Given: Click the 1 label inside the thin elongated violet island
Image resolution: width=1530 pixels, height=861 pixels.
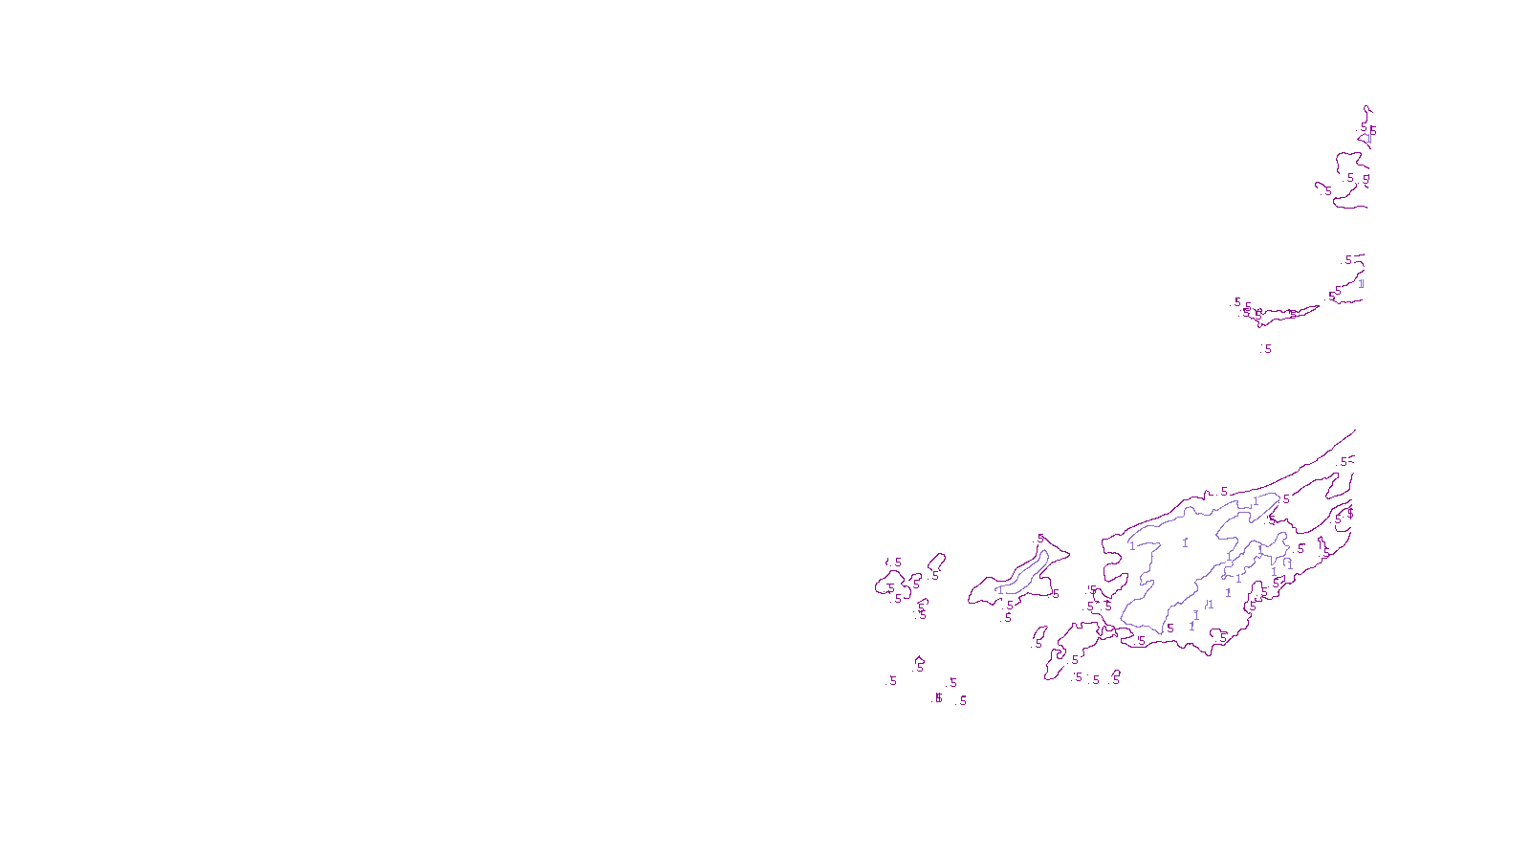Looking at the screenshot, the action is pos(998,590).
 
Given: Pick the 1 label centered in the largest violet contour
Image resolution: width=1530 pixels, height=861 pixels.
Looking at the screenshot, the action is pos(1185,543).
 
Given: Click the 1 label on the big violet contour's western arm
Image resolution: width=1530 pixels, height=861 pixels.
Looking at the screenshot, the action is pos(1132,547).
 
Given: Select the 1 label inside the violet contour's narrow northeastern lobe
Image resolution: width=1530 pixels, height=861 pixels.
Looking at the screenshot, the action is pos(1255,502).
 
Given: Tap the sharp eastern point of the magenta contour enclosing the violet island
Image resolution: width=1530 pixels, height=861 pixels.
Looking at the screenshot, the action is pos(1069,554).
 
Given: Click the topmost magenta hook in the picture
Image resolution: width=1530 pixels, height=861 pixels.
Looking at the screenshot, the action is pos(1367,108).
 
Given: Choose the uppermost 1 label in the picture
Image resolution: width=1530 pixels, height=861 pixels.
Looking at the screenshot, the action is pos(1368,139).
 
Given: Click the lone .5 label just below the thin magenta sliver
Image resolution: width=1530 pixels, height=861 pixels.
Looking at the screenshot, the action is pos(1267,349).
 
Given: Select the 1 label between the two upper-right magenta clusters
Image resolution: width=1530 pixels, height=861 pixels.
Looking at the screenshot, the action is pos(1361,283).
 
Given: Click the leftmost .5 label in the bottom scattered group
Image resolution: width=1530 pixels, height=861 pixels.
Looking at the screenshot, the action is pos(892,681).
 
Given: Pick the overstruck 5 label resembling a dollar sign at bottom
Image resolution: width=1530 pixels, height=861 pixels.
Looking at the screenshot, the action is pos(938,698).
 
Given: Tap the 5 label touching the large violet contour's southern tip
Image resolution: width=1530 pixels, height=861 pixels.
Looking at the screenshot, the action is pos(1169,629).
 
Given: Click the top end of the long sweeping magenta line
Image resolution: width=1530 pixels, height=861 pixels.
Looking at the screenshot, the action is pos(1354,431).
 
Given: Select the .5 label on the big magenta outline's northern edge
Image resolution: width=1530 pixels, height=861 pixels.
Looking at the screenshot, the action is pos(1223,492).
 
